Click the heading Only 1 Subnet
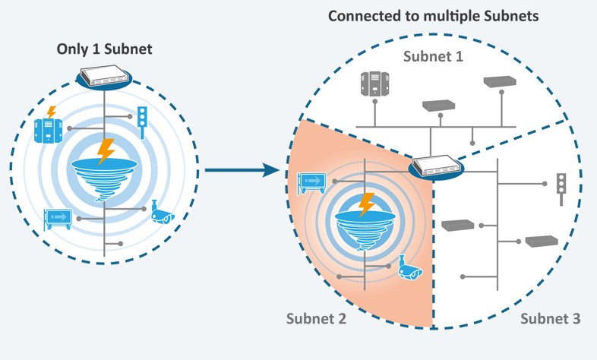coord(104,49)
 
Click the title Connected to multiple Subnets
coord(433,15)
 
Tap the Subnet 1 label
coord(433,57)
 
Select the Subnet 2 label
coord(316,319)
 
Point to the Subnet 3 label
coord(551,319)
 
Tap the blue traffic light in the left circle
coord(141,122)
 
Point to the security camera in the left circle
coord(163,213)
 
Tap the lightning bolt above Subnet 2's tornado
coord(367,204)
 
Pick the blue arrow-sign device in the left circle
coord(59,218)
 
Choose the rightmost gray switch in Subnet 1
coord(499,81)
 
